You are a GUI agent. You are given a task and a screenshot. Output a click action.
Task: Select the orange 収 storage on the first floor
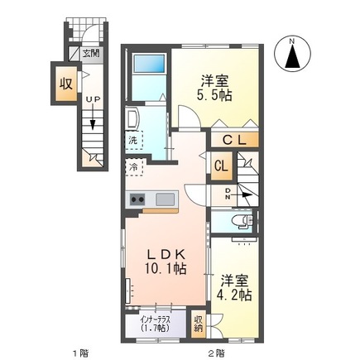tap(65, 84)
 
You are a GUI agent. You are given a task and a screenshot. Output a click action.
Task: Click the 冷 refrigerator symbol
tap(133, 167)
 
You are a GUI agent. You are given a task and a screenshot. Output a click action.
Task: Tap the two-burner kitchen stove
tap(137, 199)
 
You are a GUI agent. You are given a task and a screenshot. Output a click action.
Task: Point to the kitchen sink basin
tap(164, 199)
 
